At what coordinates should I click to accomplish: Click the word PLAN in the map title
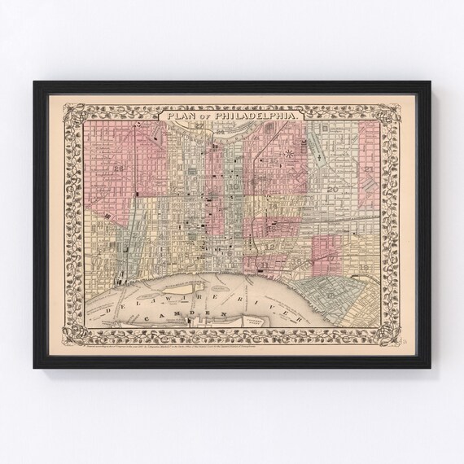tap(181, 116)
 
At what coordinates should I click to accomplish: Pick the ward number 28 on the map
tap(119, 169)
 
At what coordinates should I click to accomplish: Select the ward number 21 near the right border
tap(369, 169)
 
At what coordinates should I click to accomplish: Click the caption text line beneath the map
tap(232, 333)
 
